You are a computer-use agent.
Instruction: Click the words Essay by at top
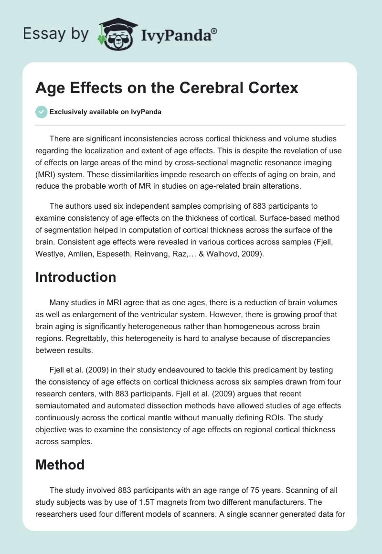coord(56,34)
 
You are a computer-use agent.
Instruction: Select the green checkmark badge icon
coord(41,112)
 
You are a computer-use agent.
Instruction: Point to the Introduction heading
coord(75,277)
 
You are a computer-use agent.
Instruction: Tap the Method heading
coord(60,464)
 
